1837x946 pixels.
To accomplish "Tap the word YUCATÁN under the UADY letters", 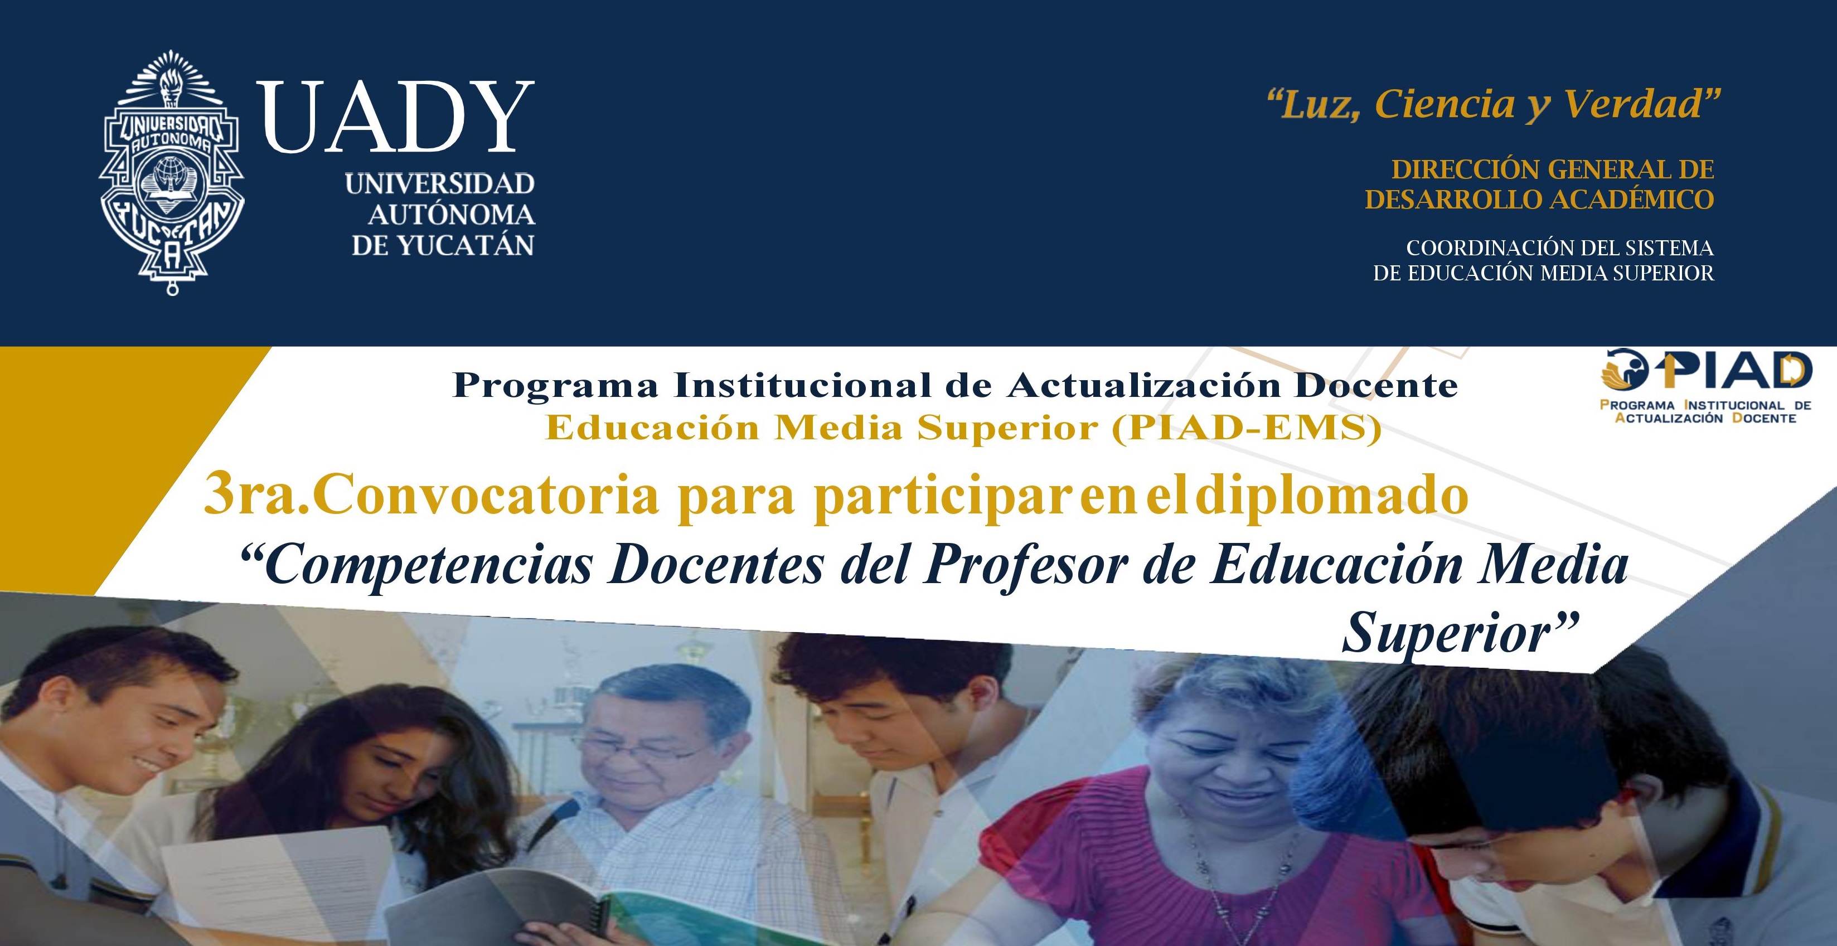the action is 465,246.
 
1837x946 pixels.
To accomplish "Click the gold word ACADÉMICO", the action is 1632,200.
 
